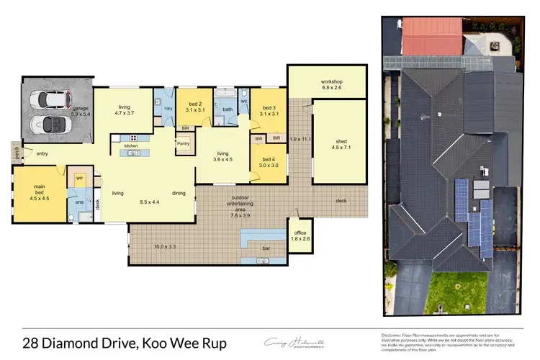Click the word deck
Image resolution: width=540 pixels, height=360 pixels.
pos(341,201)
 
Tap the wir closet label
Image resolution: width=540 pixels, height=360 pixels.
pos(79,175)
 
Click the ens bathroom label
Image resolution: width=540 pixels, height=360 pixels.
pos(79,202)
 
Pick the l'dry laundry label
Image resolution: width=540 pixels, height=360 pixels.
pos(168,108)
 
